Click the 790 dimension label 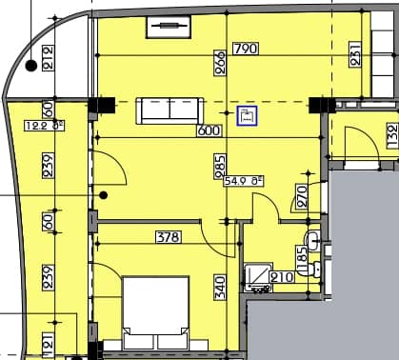coord(245,49)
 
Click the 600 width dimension coord(209,132)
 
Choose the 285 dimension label coord(220,166)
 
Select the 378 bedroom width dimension coord(169,238)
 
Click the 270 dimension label coord(301,196)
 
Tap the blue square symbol coord(248,116)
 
